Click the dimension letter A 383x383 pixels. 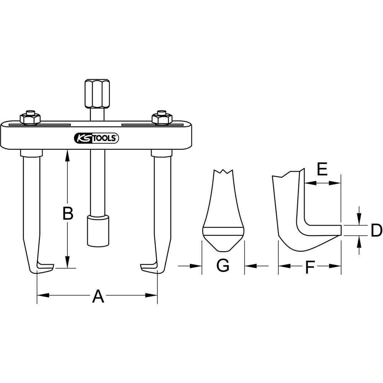coord(98,296)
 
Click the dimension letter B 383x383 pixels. coord(68,213)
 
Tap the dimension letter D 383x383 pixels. coord(376,230)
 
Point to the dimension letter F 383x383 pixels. coord(310,267)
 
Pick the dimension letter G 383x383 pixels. coord(223,265)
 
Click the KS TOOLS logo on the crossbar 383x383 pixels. coord(96,138)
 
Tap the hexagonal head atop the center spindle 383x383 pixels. coord(97,93)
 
